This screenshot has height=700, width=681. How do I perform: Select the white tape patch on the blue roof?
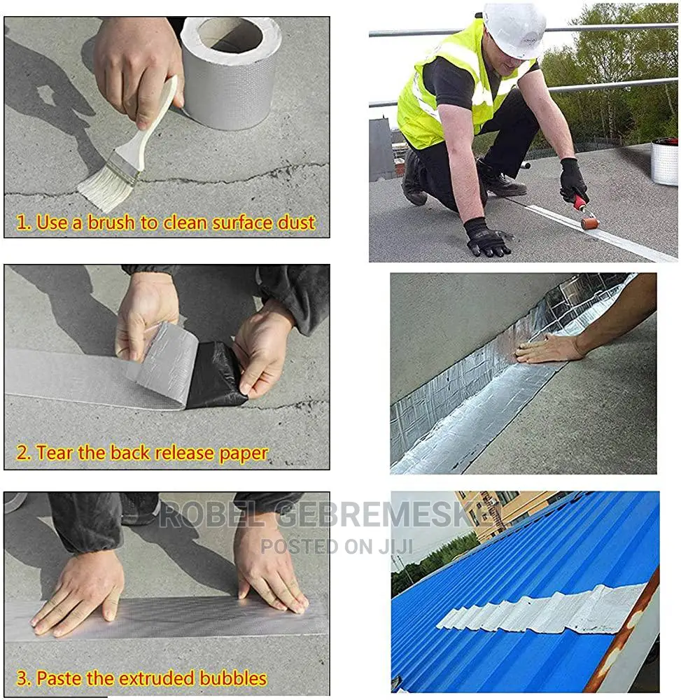point(539,609)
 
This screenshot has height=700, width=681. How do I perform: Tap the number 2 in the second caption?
point(22,454)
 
